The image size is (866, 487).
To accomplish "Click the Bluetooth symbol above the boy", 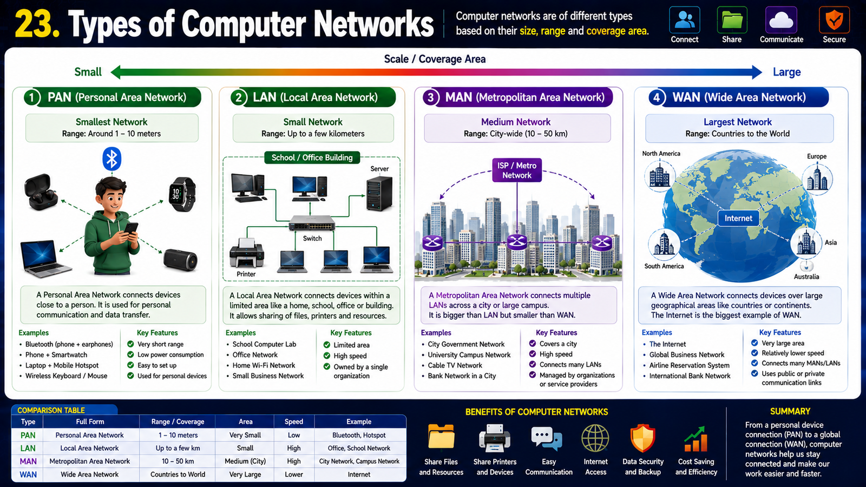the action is pyautogui.click(x=111, y=159).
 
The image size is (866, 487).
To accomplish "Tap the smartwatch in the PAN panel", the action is pyautogui.click(x=182, y=194).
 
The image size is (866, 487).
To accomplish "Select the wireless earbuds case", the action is pyautogui.click(x=41, y=192).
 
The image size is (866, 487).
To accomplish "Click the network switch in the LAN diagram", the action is pyautogui.click(x=312, y=223).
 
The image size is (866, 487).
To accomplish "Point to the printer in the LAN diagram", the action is pyautogui.click(x=247, y=253).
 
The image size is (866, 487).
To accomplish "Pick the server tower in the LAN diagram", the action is pyautogui.click(x=379, y=193).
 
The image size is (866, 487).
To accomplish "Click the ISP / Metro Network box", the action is pyautogui.click(x=517, y=170).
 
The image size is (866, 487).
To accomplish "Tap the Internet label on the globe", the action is pyautogui.click(x=738, y=219).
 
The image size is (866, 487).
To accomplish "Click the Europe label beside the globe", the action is pyautogui.click(x=817, y=156).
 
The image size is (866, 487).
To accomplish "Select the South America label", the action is pyautogui.click(x=664, y=266).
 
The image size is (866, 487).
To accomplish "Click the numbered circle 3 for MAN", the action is pyautogui.click(x=430, y=97).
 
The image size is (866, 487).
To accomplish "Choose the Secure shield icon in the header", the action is pyautogui.click(x=834, y=19).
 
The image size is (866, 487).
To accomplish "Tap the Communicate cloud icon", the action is pyautogui.click(x=782, y=19).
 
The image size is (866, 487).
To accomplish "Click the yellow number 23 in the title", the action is pyautogui.click(x=37, y=24).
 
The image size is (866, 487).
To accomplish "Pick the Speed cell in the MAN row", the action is pyautogui.click(x=294, y=461).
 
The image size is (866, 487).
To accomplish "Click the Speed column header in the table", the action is pyautogui.click(x=294, y=422).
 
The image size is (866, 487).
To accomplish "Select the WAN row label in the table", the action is pyautogui.click(x=28, y=474).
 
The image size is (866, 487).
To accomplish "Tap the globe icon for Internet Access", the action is pyautogui.click(x=595, y=438).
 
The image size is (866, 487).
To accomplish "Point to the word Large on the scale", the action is pyautogui.click(x=787, y=73).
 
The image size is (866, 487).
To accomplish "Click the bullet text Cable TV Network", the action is pyautogui.click(x=455, y=365).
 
